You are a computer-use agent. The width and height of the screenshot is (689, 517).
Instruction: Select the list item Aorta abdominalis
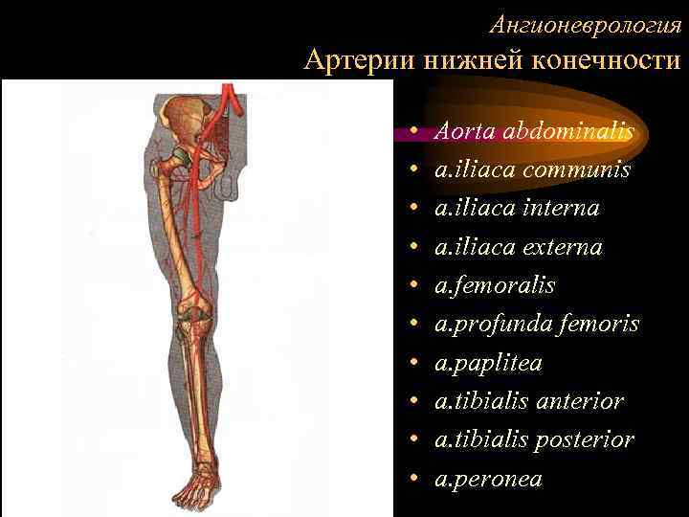pos(534,129)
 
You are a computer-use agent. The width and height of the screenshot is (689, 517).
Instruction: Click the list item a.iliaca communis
pos(532,169)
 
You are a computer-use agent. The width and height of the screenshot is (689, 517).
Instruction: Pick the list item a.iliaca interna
pos(517,208)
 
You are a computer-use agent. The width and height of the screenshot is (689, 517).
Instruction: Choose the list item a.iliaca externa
pos(519,247)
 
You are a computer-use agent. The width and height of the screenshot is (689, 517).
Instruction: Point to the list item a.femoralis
pos(495,285)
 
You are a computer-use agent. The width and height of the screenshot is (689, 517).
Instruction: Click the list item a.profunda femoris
pos(537,325)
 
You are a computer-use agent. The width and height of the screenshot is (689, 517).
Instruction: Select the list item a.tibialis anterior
pos(529,401)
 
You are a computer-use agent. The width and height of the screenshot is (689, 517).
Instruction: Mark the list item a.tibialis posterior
pos(534,439)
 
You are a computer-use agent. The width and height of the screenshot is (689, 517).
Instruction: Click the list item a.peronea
pos(488,478)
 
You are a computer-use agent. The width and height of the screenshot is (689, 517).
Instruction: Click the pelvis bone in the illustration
pos(182,120)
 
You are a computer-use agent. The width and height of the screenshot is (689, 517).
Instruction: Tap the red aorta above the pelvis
pos(229,96)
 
